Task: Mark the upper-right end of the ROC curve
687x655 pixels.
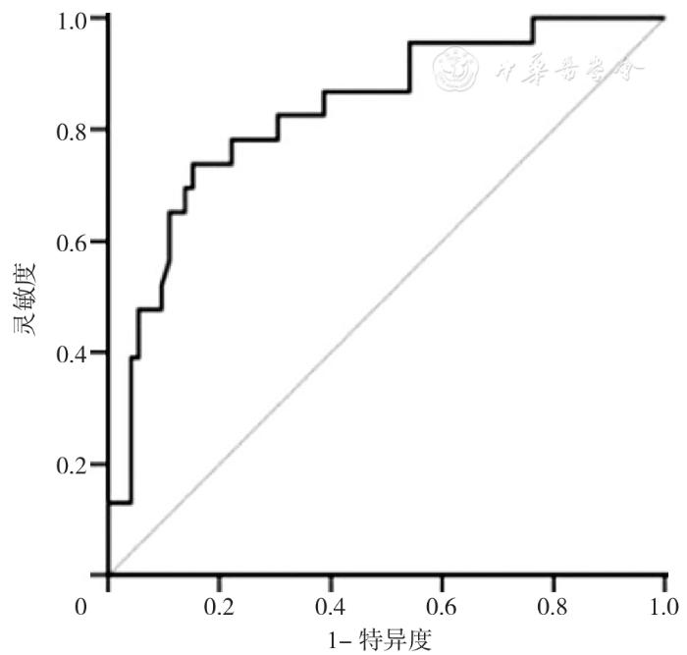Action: point(664,18)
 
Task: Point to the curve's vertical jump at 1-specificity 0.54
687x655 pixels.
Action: point(409,67)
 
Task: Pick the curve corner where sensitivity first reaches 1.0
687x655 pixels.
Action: point(532,18)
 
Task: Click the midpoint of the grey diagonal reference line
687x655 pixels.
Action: point(387,296)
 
